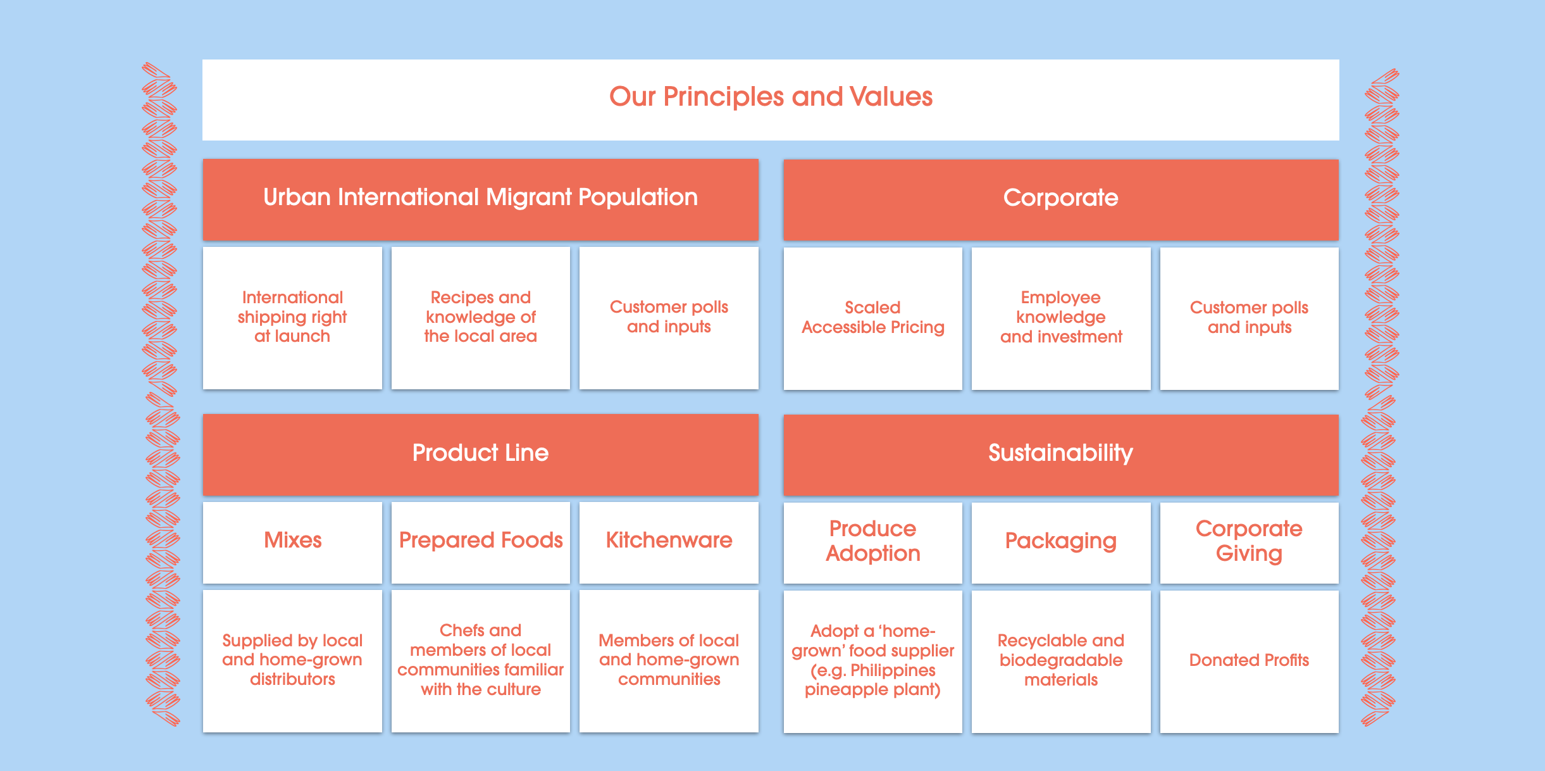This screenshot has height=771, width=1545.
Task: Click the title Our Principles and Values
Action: coord(771,97)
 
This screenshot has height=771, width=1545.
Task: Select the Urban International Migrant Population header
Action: coord(480,198)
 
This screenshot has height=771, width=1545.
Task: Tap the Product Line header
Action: coord(480,453)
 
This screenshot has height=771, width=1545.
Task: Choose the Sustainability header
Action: coord(1060,453)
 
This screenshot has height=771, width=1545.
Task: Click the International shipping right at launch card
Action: coord(292,317)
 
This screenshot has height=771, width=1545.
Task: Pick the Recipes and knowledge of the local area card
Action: coord(480,317)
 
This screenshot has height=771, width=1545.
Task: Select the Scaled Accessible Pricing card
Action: coord(872,318)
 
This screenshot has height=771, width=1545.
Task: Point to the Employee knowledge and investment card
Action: coord(1060,318)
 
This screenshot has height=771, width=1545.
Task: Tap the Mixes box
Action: coord(292,541)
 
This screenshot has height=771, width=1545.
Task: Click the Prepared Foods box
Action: coord(480,541)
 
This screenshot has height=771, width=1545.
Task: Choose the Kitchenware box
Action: coord(669,541)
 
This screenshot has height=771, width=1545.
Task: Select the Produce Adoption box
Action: coord(872,541)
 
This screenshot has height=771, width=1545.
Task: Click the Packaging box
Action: coord(1060,541)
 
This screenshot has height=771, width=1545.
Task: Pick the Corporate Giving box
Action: coord(1249,541)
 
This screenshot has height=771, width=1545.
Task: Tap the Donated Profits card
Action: coord(1249,660)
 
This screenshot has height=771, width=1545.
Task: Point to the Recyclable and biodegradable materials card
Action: coord(1060,660)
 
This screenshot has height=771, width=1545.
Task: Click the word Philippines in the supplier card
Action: coord(893,670)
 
